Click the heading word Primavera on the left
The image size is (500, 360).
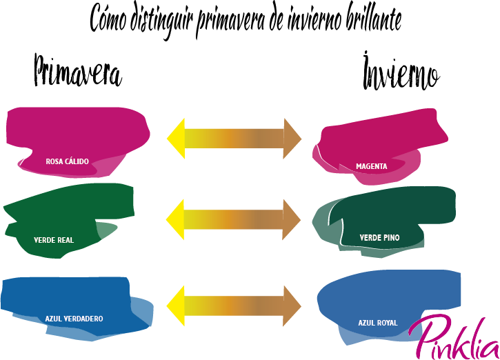tap(77, 71)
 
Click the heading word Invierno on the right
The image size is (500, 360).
tap(401, 72)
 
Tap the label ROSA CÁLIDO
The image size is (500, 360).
tap(68, 161)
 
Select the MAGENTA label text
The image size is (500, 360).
tap(372, 166)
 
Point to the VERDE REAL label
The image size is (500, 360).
tap(54, 240)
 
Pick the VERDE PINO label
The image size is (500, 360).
tap(379, 237)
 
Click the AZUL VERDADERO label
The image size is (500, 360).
tap(74, 319)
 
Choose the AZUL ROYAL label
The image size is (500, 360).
tap(378, 322)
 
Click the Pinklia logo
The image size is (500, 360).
tap(453, 336)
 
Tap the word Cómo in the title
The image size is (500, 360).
tap(108, 19)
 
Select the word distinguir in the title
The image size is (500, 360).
tap(161, 20)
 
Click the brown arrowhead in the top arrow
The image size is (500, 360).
tap(293, 137)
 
